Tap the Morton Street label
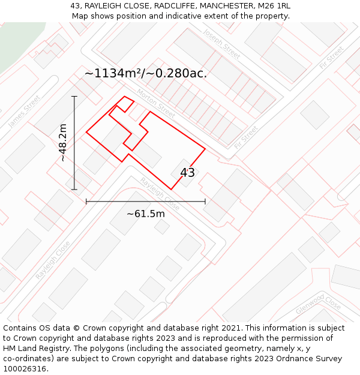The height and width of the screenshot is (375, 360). pyautogui.click(x=155, y=104)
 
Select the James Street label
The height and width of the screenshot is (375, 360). pyautogui.click(x=25, y=111)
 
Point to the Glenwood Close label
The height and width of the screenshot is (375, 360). pyautogui.click(x=318, y=304)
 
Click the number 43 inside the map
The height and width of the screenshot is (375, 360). pyautogui.click(x=187, y=173)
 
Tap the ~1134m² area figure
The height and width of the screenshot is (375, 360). pyautogui.click(x=116, y=74)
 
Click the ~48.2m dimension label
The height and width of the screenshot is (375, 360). pyautogui.click(x=62, y=143)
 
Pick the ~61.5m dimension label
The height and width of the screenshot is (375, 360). pyautogui.click(x=145, y=213)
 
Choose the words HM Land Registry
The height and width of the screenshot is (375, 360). pyautogui.click(x=31, y=349)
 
